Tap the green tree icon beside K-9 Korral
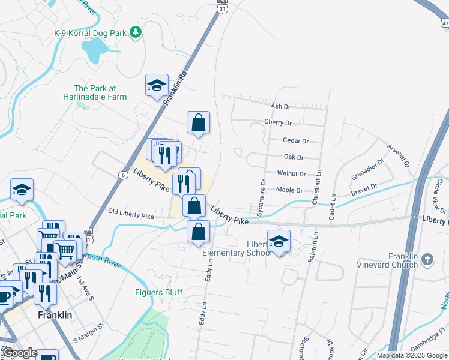point(136,31)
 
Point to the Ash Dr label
point(280,106)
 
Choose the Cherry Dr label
point(278,122)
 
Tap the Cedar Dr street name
point(295,141)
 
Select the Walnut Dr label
point(292,174)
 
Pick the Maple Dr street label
point(289,190)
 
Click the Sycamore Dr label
point(261,197)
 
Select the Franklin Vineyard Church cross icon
point(426,259)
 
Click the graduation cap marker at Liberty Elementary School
point(279,241)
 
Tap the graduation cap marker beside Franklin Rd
point(157,85)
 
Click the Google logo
point(20,353)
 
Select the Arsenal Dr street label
point(397,155)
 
